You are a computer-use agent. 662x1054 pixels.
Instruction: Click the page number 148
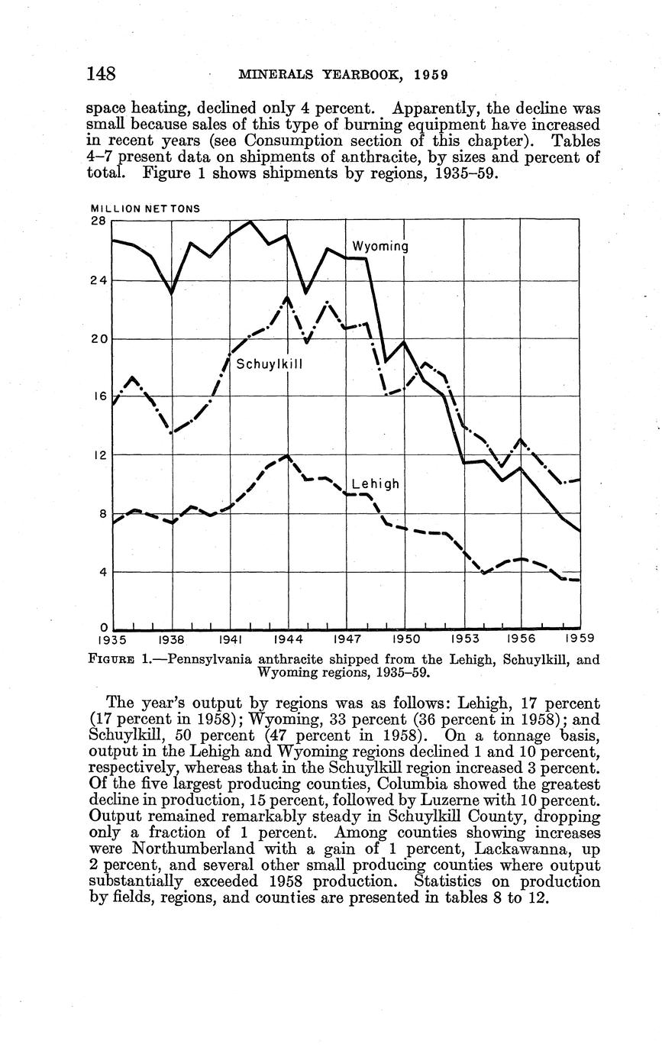(x=101, y=74)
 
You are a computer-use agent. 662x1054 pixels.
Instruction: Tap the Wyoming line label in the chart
(x=380, y=247)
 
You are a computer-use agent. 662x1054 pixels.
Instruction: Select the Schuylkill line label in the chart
(x=270, y=364)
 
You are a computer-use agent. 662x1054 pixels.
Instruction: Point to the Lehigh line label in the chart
(x=376, y=484)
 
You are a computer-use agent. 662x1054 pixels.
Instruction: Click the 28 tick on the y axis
(x=98, y=221)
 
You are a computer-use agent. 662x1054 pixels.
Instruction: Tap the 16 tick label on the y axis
(x=98, y=397)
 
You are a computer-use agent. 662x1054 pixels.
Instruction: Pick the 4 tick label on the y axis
(x=102, y=572)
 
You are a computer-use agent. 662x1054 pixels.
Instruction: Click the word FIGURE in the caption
(x=112, y=659)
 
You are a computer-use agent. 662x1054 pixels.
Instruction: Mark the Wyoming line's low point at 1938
(x=172, y=293)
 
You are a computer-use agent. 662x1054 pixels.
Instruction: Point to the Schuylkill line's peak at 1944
(x=287, y=297)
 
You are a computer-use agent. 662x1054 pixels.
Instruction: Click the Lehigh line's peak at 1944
(x=287, y=456)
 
